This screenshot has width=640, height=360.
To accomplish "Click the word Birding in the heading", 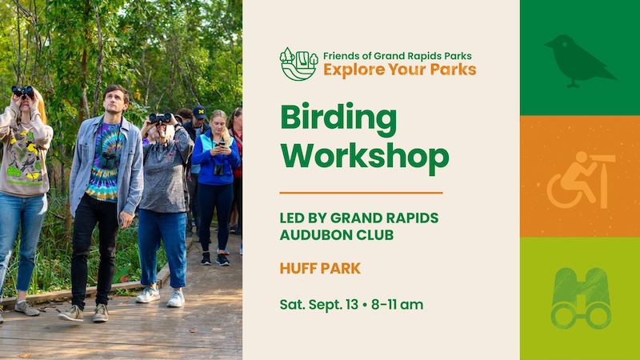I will click(x=338, y=121).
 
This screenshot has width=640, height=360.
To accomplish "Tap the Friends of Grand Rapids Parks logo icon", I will click(x=298, y=63).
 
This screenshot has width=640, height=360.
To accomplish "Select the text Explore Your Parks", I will click(x=399, y=70).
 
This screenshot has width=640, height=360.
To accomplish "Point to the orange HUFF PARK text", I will click(x=320, y=268).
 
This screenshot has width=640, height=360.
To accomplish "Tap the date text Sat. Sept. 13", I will click(x=318, y=304).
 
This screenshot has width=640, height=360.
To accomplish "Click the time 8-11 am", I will click(x=397, y=304).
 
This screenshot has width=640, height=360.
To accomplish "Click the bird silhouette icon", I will click(x=578, y=59).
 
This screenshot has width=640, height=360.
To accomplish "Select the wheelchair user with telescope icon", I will click(x=579, y=178).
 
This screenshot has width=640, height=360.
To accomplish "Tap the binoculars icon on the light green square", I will click(x=580, y=298).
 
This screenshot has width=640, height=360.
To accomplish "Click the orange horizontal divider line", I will click(x=361, y=193).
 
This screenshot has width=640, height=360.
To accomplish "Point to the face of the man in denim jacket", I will click(x=115, y=101).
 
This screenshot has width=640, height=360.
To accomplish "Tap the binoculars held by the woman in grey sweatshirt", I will click(x=160, y=118).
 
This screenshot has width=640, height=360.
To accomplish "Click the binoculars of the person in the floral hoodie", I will click(x=22, y=91).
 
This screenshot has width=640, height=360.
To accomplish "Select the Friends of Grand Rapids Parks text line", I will click(x=397, y=56).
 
